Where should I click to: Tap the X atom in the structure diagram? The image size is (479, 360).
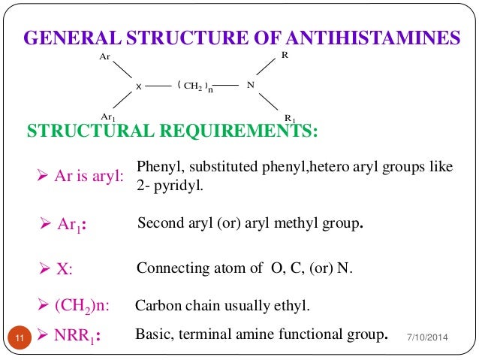click(139, 87)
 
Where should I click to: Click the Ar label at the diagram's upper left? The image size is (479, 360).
click(105, 56)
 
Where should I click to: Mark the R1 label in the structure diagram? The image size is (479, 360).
click(290, 118)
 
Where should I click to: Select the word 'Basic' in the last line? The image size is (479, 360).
click(153, 333)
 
